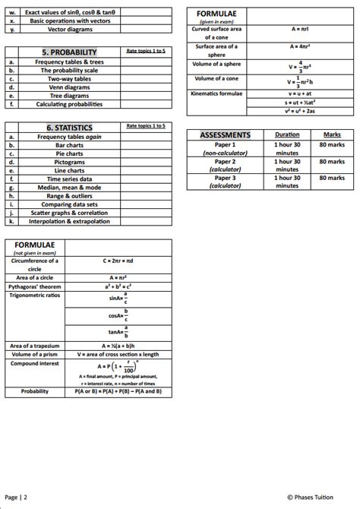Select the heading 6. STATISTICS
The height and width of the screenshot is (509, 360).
coord(69,128)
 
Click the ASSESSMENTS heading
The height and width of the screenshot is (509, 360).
coord(225,134)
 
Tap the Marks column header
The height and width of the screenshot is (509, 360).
coord(332,134)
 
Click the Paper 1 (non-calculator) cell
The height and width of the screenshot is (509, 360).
coord(225,148)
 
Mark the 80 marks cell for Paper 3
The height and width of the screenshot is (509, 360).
coord(332,177)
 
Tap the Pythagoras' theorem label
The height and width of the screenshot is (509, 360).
coord(33,287)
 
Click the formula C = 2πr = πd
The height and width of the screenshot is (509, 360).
coord(120,260)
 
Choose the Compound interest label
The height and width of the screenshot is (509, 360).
coord(34,364)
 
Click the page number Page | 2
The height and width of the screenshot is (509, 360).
coord(16,497)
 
